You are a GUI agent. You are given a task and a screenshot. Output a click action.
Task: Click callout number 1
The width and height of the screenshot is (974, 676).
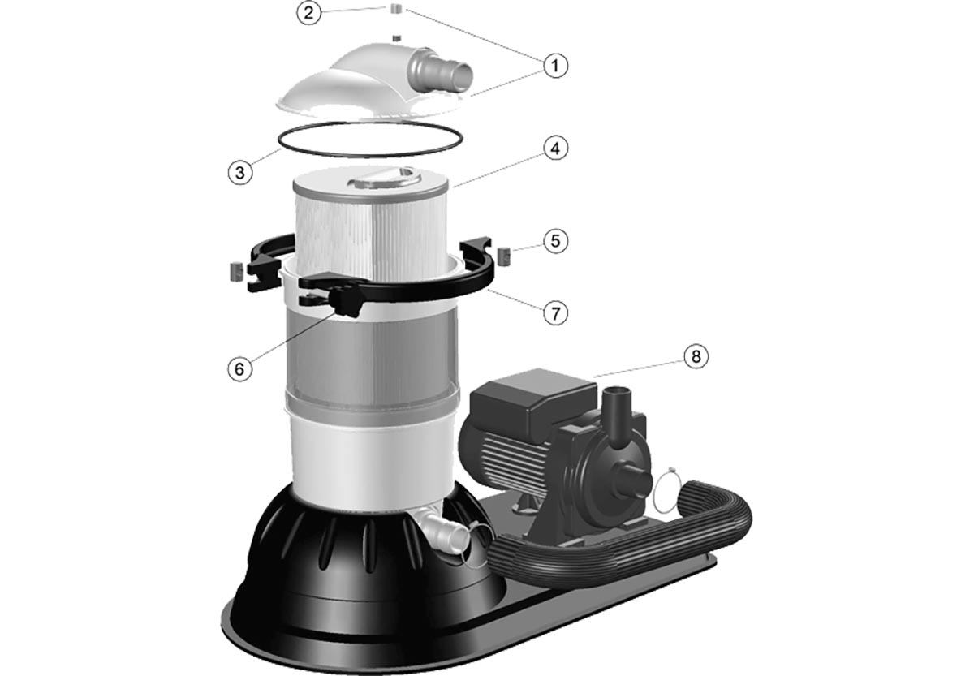click(555, 66)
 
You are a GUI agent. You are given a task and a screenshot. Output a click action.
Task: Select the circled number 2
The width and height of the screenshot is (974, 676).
click(308, 13)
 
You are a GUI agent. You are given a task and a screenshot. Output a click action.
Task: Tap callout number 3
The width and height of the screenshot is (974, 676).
click(240, 173)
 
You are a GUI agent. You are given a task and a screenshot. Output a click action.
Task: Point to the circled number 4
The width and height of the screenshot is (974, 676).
click(555, 149)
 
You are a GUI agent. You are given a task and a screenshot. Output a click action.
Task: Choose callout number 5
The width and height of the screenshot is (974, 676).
click(555, 241)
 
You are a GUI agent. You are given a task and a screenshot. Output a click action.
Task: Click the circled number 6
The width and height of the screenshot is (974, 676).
click(240, 369)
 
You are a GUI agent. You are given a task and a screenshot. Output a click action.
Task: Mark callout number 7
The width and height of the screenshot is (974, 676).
click(555, 312)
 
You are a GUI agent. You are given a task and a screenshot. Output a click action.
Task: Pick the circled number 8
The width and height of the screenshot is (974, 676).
click(696, 356)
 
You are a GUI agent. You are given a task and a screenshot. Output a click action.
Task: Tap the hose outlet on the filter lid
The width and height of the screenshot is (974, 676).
click(439, 71)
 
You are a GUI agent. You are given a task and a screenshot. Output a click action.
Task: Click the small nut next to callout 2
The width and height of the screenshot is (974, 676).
click(395, 8)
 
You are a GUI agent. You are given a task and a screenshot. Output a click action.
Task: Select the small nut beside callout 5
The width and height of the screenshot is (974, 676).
click(503, 256)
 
